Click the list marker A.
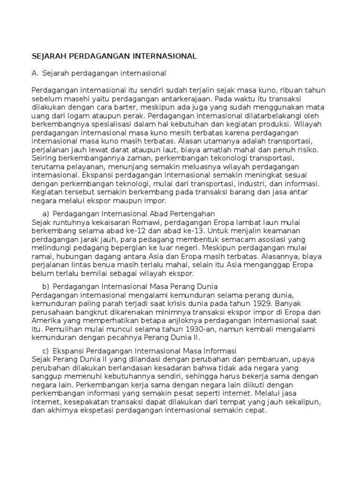pyautogui.click(x=35, y=73)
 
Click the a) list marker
pyautogui.click(x=45, y=213)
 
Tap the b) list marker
pyautogui.click(x=45, y=286)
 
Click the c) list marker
pyautogui.click(x=45, y=350)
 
